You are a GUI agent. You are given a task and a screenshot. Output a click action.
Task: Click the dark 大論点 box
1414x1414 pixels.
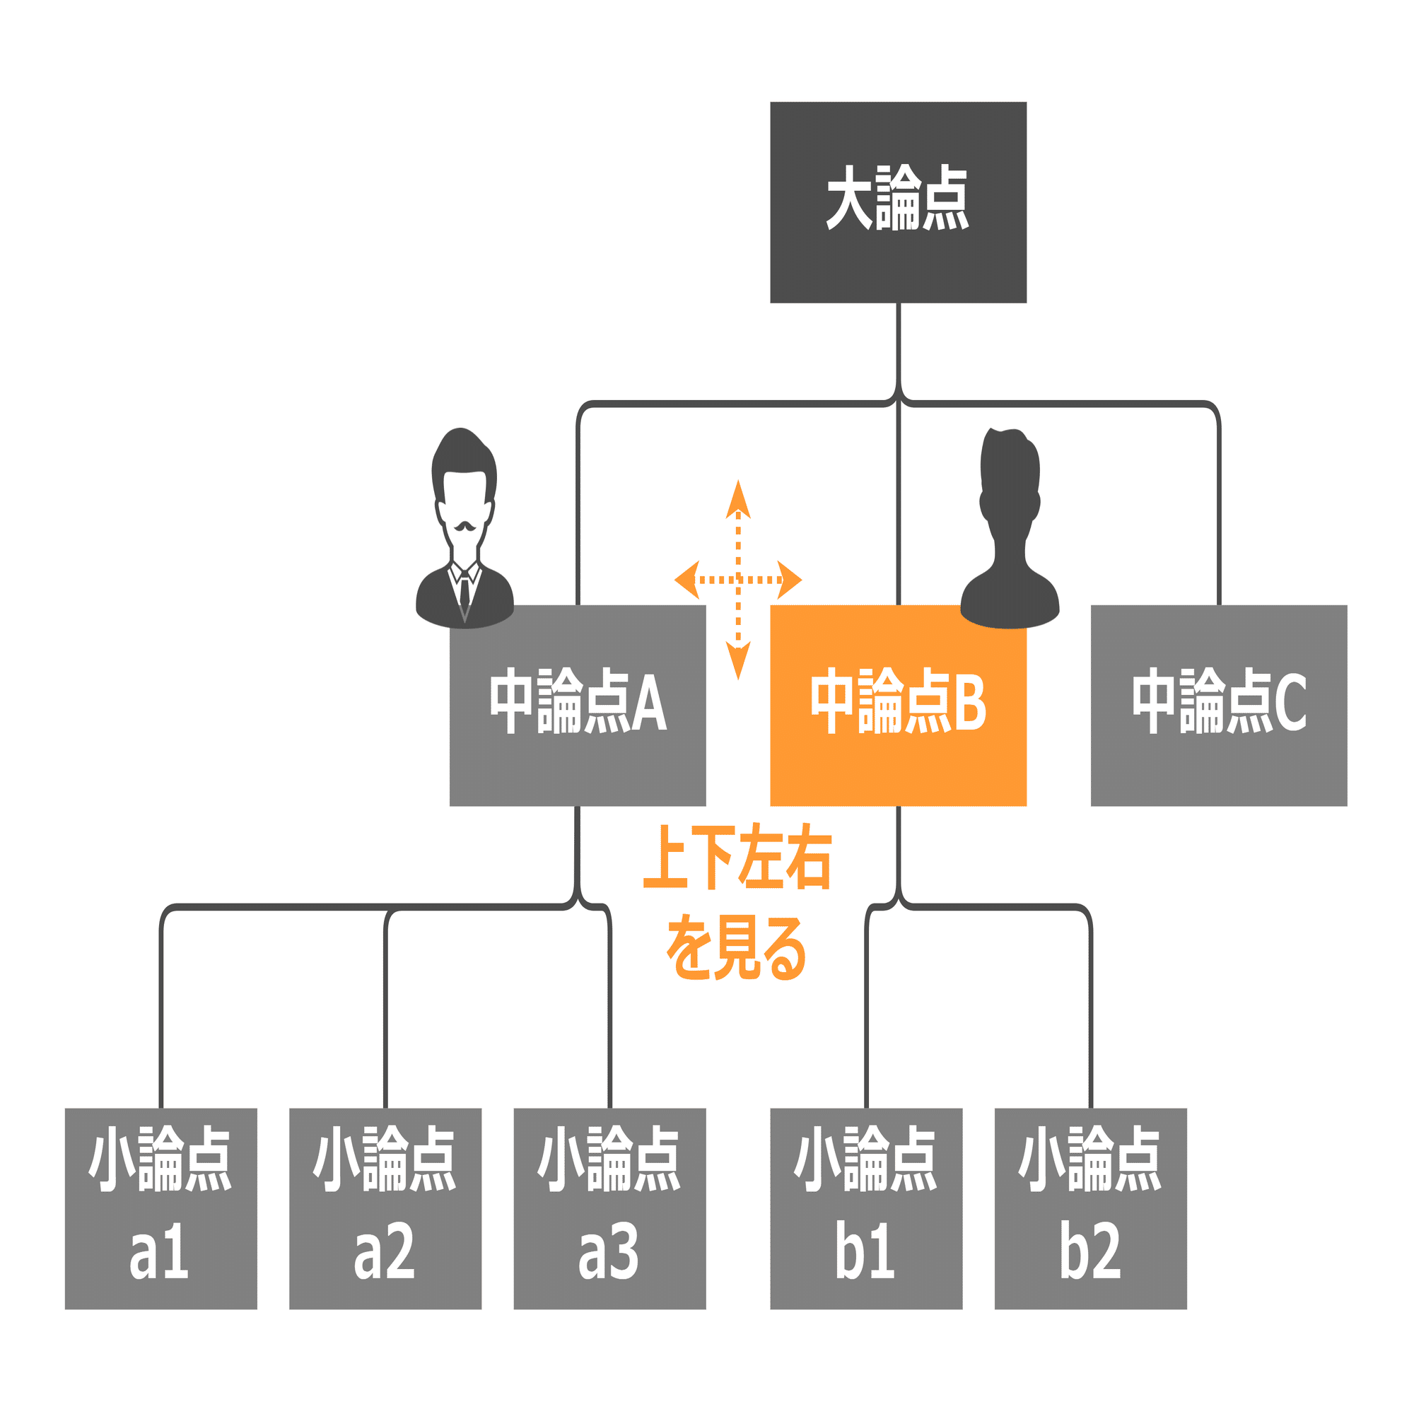coord(898,202)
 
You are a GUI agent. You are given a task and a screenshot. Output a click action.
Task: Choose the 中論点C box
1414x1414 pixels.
coord(1219,705)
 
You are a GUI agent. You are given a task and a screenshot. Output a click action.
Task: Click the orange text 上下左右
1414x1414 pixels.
coord(737,857)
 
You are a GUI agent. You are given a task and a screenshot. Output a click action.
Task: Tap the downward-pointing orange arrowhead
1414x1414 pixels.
coord(737,661)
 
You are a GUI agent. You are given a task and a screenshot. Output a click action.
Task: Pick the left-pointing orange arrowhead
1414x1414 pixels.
coord(688,580)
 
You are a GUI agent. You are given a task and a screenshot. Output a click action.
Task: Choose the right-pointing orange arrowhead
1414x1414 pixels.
coord(788,580)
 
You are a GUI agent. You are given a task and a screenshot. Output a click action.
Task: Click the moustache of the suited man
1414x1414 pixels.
coord(464,526)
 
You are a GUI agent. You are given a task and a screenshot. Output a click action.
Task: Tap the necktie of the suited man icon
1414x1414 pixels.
coord(464,595)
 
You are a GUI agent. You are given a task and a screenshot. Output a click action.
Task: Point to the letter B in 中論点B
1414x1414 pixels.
coord(971,703)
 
